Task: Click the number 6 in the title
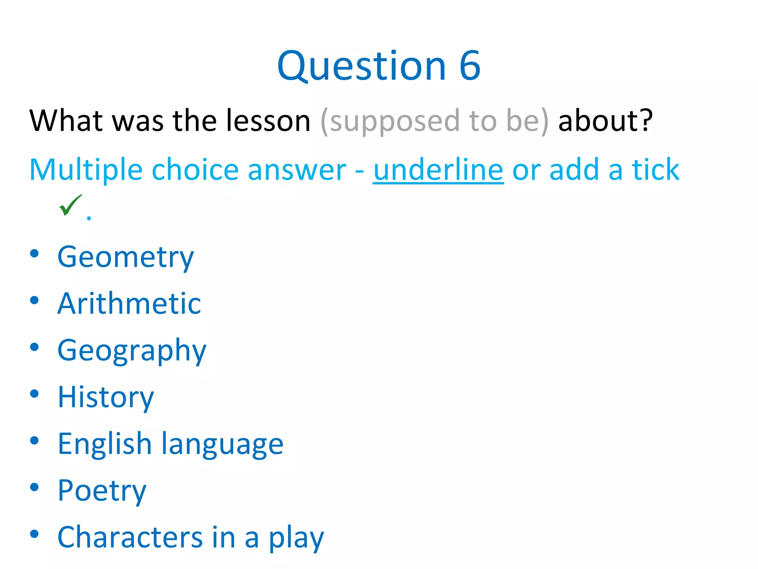pos(470,66)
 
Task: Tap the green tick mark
pos(70,205)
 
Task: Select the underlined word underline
pos(438,170)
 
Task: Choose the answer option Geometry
pos(125,257)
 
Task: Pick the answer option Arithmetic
pos(129,303)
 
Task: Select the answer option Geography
pos(132,350)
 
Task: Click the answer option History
pos(106,397)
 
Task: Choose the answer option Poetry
pos(102,490)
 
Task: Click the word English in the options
pos(105,443)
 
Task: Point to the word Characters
pos(130,537)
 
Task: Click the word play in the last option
pos(296,538)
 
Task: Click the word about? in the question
pos(606,121)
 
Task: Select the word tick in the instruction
pos(655,170)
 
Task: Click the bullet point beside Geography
pos(34,347)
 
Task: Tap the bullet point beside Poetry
pos(34,488)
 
